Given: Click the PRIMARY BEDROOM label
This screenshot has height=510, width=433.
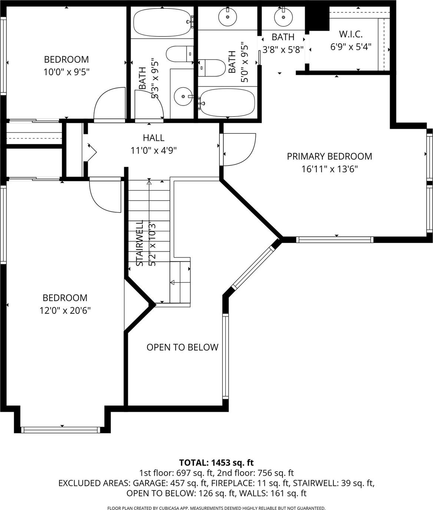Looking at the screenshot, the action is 329,156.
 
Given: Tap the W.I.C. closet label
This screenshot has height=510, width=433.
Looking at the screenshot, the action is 351,34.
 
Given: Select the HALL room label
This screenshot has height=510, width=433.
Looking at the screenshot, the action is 153,138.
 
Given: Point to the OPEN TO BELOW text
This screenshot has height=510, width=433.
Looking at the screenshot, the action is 182,347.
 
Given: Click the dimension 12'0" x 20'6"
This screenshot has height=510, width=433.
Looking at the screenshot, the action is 65,310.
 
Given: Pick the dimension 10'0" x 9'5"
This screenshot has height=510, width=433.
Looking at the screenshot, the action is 66,72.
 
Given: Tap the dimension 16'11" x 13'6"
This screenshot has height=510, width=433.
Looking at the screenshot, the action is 329,169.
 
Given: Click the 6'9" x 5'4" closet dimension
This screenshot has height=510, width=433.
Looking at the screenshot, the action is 351,46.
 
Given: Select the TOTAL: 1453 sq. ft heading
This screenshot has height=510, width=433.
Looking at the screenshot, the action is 216,462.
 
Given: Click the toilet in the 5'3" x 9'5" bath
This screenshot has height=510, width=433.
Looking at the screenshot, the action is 180,54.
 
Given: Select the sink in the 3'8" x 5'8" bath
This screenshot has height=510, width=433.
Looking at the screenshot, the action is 283,17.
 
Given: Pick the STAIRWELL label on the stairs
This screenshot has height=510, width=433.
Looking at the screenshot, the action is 140,243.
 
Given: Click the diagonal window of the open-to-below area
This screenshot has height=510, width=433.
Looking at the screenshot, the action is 253,267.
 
